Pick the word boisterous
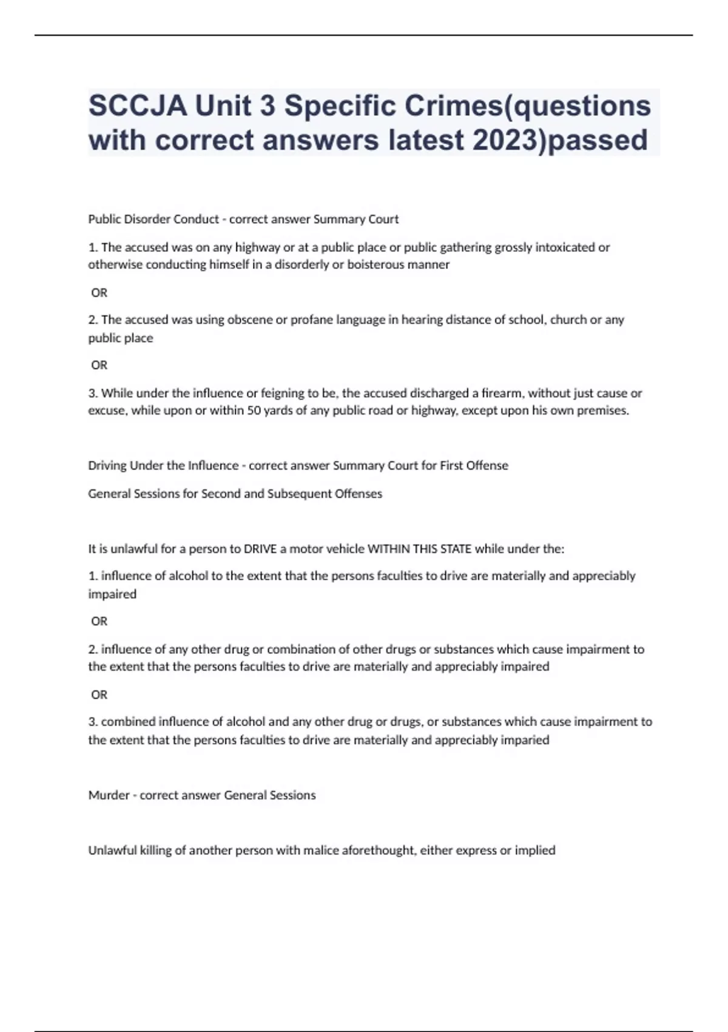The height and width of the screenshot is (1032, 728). [x=376, y=265]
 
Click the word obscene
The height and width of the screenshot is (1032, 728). [x=249, y=320]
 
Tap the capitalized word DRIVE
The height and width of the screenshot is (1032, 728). [x=260, y=549]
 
